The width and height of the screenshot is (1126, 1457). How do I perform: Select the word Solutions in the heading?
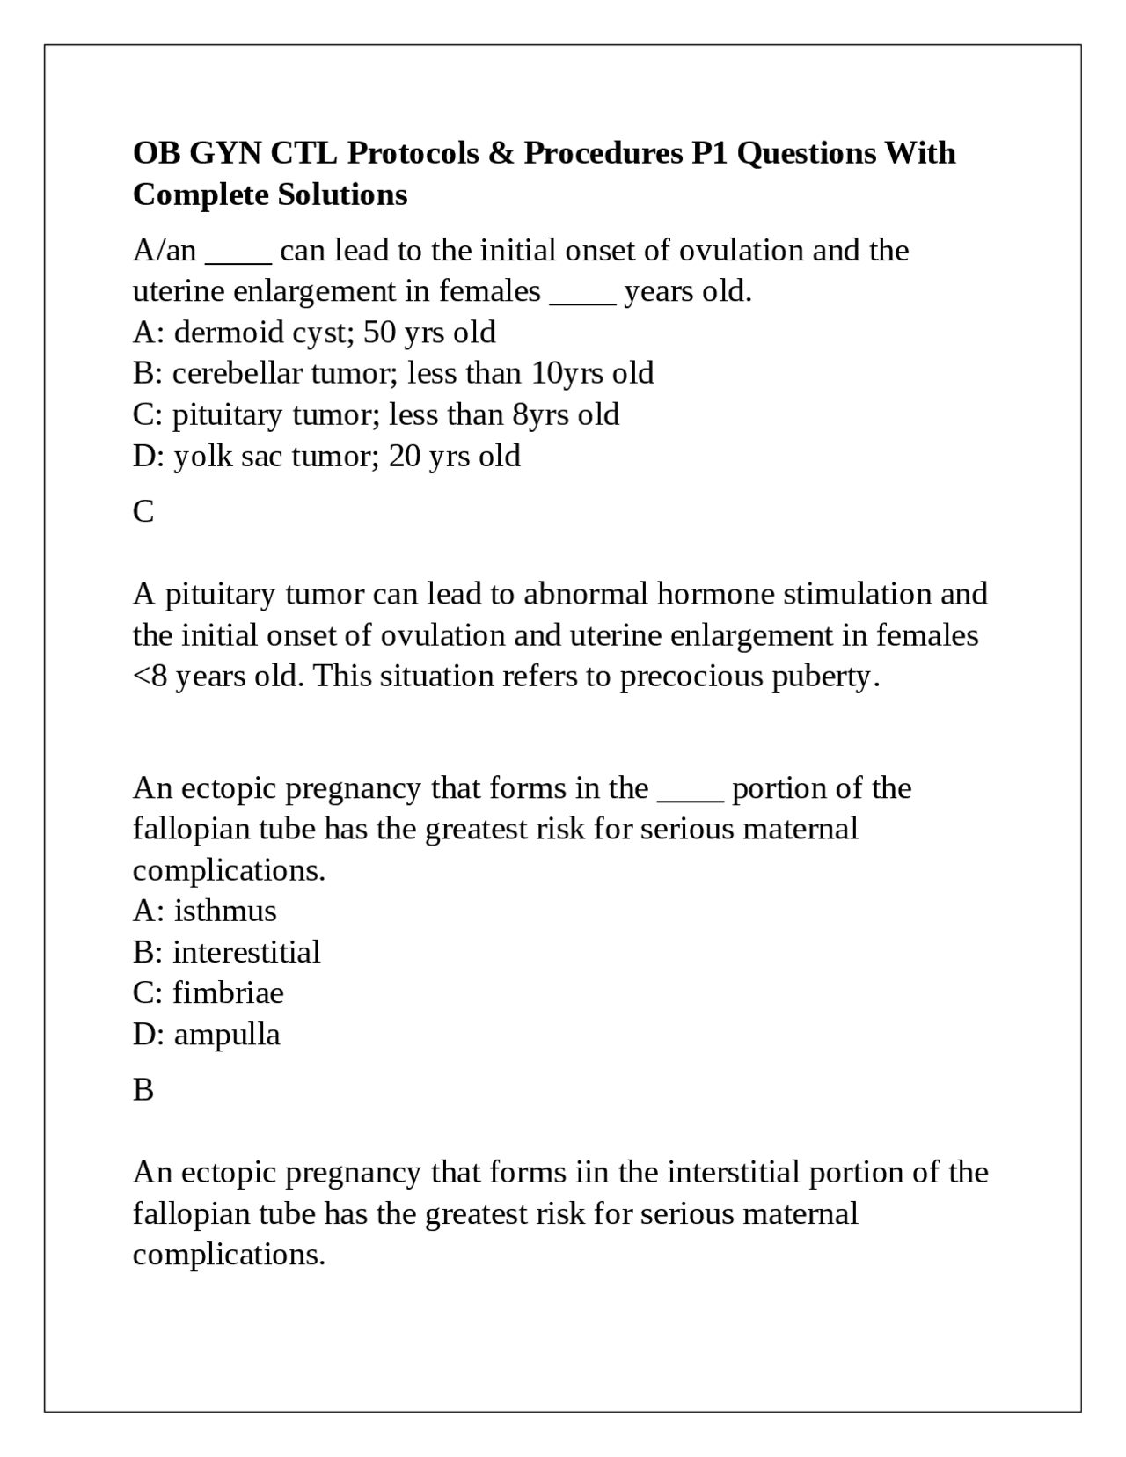click(x=342, y=194)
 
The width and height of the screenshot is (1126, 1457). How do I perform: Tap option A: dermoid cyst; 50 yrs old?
click(x=314, y=333)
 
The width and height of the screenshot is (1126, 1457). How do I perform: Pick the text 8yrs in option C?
click(x=540, y=414)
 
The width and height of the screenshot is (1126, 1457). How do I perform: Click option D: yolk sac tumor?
click(x=326, y=456)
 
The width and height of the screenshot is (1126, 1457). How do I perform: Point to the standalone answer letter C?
click(x=143, y=511)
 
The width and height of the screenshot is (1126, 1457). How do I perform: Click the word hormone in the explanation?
click(x=715, y=594)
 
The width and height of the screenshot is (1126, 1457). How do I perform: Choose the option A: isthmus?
click(x=204, y=911)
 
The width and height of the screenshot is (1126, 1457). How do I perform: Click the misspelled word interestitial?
click(x=246, y=952)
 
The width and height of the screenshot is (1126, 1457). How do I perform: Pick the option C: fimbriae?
click(x=208, y=992)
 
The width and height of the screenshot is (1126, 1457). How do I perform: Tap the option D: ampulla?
click(x=207, y=1034)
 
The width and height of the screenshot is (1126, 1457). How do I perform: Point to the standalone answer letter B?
click(x=143, y=1090)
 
